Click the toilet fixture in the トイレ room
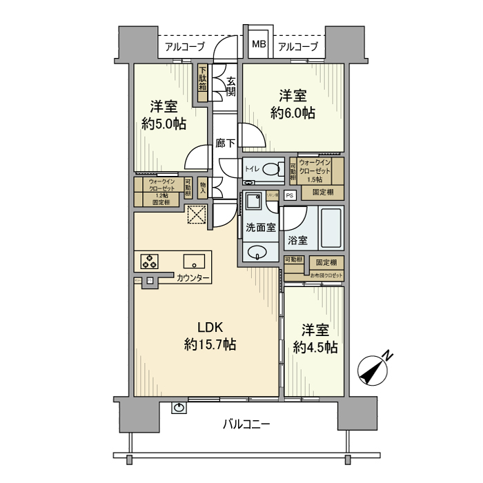271,168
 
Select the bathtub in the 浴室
331,228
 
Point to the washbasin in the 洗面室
258,252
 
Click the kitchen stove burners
150,262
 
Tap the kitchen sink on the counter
193,262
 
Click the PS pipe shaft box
289,195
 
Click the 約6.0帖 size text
293,112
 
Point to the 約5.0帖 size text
164,124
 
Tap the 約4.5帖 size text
315,346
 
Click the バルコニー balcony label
246,424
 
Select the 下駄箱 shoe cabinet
203,79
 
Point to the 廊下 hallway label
225,144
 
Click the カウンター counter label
193,278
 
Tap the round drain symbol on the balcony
179,407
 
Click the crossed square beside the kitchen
197,215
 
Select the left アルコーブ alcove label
184,47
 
